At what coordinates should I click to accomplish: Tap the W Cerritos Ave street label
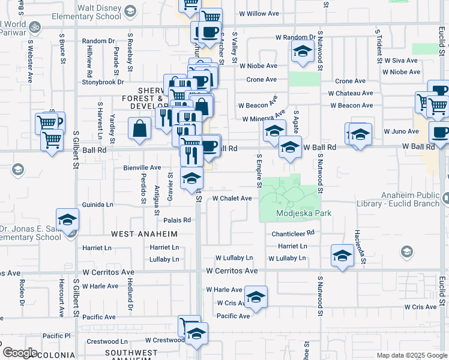tap(232, 271)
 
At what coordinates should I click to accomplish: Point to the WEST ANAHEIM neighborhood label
tap(143, 233)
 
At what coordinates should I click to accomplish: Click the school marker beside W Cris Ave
tap(256, 297)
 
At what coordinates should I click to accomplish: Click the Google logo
tap(20, 352)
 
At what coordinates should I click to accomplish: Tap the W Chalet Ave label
tap(232, 198)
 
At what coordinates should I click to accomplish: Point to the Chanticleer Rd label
tap(293, 233)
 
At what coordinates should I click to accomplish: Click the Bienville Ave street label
tap(142, 167)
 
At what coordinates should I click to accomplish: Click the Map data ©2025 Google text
tap(411, 355)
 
